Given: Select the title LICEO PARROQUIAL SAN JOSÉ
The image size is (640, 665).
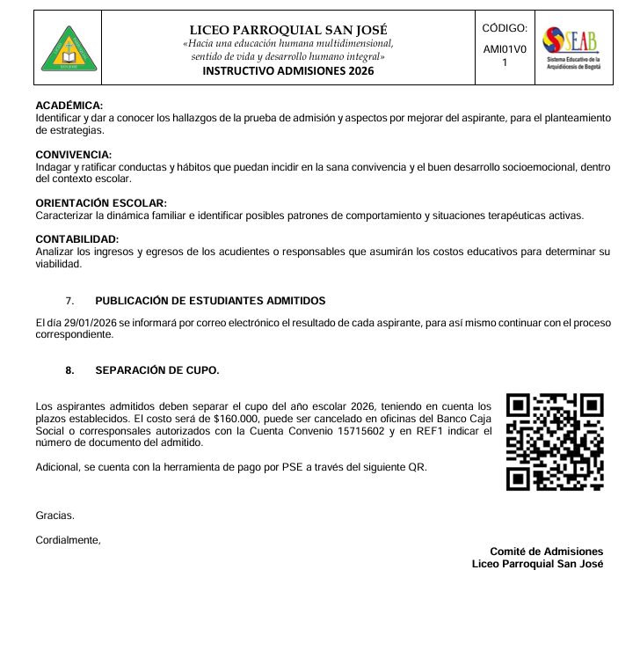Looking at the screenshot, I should coord(287,30).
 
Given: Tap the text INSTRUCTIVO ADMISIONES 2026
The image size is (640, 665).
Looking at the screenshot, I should coord(287,71).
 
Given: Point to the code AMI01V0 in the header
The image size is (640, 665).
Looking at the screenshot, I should coord(505,49).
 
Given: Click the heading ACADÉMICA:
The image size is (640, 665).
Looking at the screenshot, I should coord(69,106).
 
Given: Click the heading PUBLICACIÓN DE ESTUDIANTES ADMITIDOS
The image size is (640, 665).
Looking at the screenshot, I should coord(210,301).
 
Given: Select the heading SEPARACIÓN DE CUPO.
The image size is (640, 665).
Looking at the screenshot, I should coord(156,370).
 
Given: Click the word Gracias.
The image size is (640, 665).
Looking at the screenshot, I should coord(55,515).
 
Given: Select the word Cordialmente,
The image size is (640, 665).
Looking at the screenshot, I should coord(68,540).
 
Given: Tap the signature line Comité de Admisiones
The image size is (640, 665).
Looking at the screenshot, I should coord(546,552).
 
